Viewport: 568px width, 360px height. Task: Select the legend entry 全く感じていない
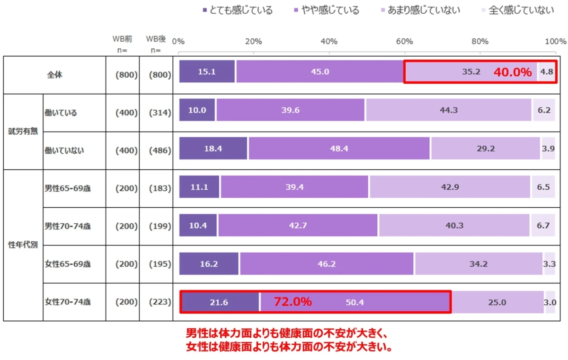[x=521, y=10]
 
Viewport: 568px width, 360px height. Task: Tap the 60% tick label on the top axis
[x=405, y=42]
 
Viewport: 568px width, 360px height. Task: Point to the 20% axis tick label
[x=253, y=42]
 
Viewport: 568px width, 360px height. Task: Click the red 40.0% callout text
[x=513, y=72]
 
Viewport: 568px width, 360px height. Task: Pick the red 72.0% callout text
[x=293, y=302]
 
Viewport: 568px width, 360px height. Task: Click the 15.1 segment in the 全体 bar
[x=207, y=72]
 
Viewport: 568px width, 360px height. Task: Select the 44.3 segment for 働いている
[x=448, y=110]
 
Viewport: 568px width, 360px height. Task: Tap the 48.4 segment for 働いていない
[x=339, y=149]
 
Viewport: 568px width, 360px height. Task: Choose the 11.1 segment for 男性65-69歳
[x=199, y=187]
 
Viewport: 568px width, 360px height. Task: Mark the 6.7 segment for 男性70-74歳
[x=542, y=225]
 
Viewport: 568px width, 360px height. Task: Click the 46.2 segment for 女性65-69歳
[x=327, y=263]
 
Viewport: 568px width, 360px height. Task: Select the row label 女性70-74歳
[x=68, y=302]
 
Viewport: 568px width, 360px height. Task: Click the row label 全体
[x=54, y=75]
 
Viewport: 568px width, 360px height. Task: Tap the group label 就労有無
[x=23, y=132]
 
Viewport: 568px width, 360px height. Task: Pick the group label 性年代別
[x=23, y=245]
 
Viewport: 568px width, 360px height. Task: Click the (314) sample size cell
[x=160, y=113]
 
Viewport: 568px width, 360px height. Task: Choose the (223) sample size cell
[x=160, y=302]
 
